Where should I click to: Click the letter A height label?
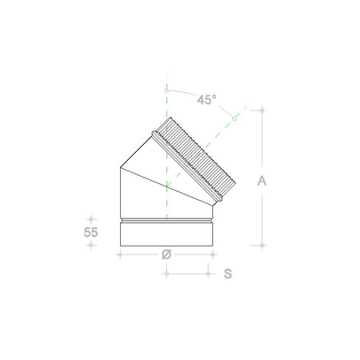[262, 181]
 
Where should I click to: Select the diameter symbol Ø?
[166, 255]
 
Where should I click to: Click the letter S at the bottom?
[228, 274]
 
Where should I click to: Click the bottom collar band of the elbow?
[166, 233]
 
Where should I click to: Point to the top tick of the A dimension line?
[263, 111]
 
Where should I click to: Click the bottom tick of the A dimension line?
[263, 245]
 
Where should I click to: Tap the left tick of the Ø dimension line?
[119, 255]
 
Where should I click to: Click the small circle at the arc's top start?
[166, 90]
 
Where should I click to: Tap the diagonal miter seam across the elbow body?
[168, 186]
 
